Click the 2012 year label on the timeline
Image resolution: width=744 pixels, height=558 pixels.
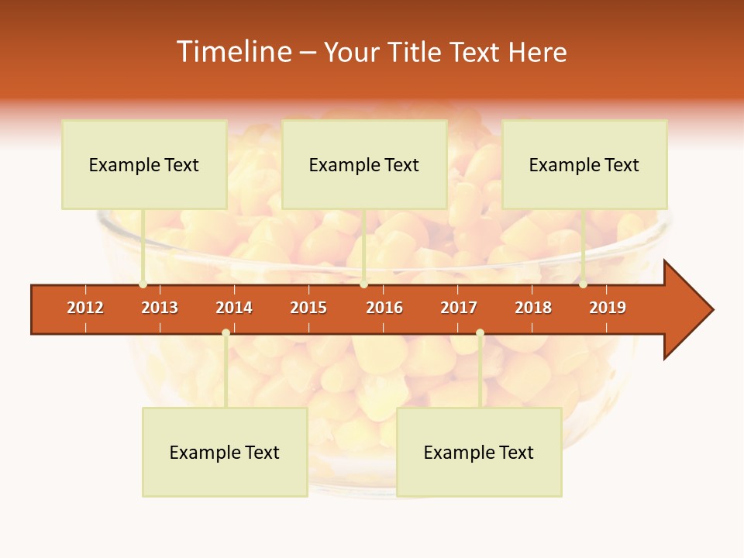[x=85, y=308]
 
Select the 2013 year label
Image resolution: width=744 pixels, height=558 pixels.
[x=160, y=308]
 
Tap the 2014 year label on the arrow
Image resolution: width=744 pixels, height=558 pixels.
[x=234, y=308]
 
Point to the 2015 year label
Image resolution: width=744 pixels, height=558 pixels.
[x=308, y=308]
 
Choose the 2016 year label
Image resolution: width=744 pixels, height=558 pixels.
[x=384, y=308]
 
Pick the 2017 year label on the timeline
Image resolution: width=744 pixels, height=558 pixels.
[x=459, y=308]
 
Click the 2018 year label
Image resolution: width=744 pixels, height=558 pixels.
[x=533, y=308]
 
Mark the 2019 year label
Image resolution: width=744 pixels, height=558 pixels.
[x=608, y=308]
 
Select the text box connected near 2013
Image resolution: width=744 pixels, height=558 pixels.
[x=144, y=164]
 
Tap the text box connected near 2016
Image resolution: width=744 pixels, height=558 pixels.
[x=364, y=164]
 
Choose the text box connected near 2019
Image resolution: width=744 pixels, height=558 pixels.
[x=584, y=164]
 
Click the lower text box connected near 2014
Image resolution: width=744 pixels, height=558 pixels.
[x=225, y=452]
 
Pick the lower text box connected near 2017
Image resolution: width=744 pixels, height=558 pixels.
[x=479, y=452]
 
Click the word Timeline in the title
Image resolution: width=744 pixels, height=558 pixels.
[x=233, y=52]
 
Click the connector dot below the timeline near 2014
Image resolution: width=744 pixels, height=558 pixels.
[x=226, y=332]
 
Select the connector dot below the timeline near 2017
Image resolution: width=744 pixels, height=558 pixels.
[x=480, y=332]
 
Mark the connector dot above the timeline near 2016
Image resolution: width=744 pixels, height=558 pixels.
[x=364, y=284]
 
